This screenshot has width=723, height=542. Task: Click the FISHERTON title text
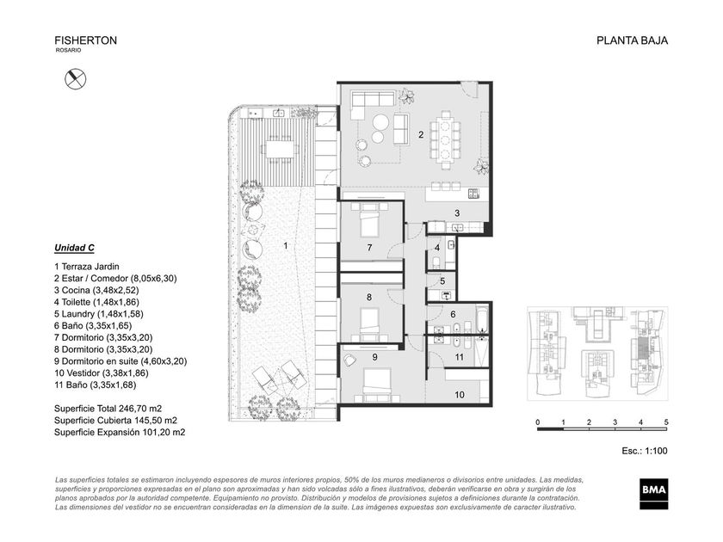coord(86,40)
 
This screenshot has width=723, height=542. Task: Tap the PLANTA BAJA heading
coord(632,40)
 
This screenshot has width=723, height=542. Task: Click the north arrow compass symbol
coord(75,79)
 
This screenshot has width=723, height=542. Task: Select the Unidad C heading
coord(74,248)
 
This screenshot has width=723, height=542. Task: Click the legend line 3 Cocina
coord(96,291)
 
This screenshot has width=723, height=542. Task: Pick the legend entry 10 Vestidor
coord(102,373)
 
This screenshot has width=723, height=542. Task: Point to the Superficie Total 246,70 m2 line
coord(108,409)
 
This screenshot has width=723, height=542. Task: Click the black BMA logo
coord(654,494)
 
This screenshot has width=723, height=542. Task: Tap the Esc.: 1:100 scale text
coord(644,451)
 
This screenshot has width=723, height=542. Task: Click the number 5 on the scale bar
coord(666,422)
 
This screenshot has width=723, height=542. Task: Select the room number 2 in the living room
coord(421,134)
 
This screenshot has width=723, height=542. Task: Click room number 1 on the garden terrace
coord(286,246)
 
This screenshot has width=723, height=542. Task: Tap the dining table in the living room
coord(445,139)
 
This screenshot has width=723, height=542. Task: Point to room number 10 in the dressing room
coord(460,395)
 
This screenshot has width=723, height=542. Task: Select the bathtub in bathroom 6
coord(482,317)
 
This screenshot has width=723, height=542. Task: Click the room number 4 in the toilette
coord(436,248)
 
